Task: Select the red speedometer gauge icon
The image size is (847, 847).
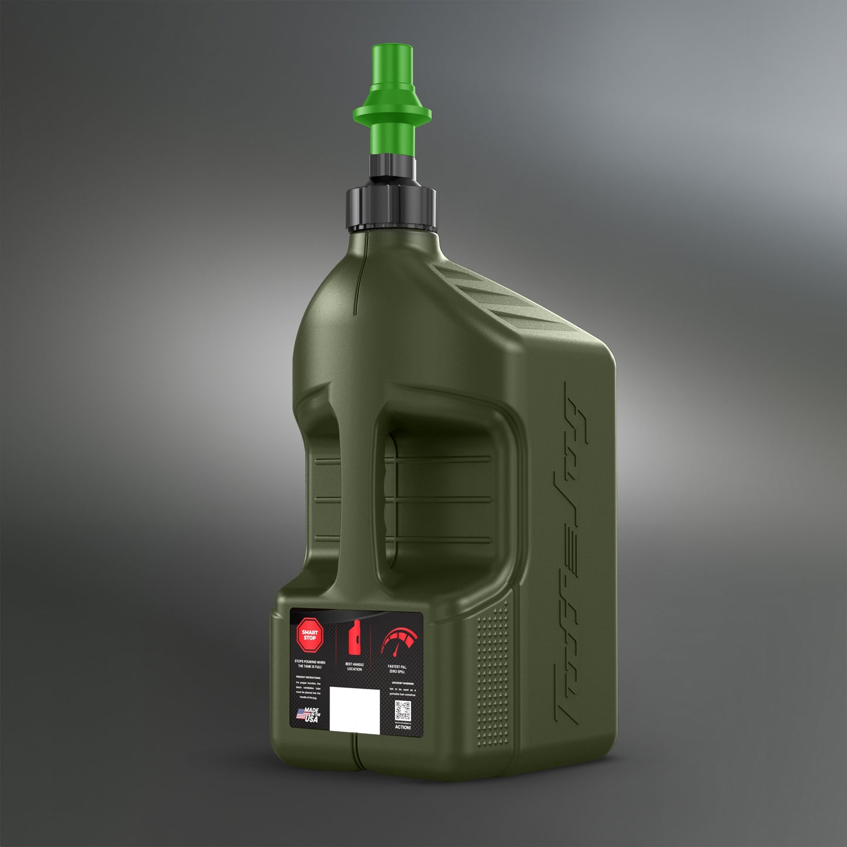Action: [x=399, y=643]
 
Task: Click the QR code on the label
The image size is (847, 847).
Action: [x=402, y=710]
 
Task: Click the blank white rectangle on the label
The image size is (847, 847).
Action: [x=355, y=709]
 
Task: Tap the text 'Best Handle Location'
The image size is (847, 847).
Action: [x=354, y=666]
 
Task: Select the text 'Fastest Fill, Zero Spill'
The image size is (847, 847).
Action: [x=397, y=669]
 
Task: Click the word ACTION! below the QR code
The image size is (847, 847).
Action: [x=403, y=727]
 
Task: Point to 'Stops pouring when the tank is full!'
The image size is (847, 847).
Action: [x=309, y=664]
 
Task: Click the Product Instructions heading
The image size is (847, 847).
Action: [x=308, y=677]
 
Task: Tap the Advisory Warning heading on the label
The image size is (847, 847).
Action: [x=402, y=683]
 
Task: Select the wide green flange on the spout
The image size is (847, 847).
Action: [x=392, y=113]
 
